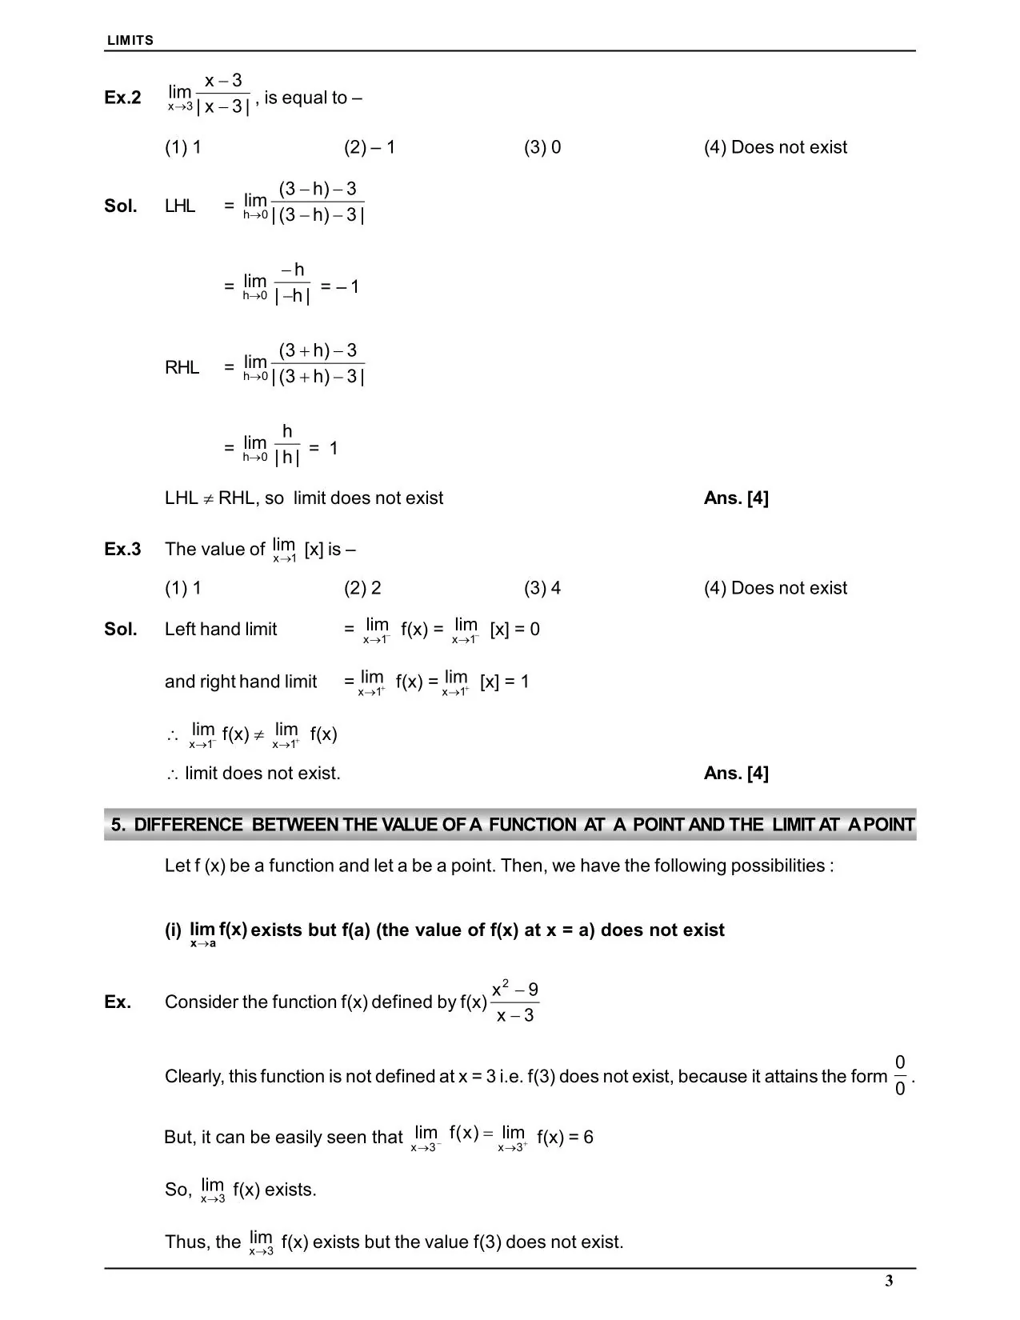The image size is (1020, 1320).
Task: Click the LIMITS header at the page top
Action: (x=130, y=40)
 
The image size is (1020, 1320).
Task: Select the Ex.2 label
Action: (x=122, y=98)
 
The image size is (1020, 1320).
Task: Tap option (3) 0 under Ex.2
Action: (x=542, y=147)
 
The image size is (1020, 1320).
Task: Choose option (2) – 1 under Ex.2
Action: (x=370, y=147)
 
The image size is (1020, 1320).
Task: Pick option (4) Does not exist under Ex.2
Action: (x=775, y=147)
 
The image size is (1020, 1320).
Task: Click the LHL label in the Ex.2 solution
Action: (x=180, y=206)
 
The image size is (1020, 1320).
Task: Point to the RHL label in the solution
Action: (x=182, y=367)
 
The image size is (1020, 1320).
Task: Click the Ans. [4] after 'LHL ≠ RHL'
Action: (x=736, y=498)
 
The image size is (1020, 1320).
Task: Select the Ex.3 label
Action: (x=122, y=549)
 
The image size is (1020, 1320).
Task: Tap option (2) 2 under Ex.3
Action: (x=362, y=588)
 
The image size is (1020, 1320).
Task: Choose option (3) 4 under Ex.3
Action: (x=542, y=588)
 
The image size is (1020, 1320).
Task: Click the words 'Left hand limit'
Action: (x=221, y=629)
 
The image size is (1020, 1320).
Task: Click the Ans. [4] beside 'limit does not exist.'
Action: (x=736, y=773)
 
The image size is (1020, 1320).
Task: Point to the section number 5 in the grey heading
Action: (x=118, y=825)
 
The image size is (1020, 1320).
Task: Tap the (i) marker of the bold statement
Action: (x=173, y=930)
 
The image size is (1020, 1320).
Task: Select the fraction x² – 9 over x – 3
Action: (x=514, y=1002)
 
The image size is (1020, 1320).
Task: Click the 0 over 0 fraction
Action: (x=900, y=1076)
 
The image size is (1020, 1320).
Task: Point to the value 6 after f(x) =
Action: (x=588, y=1137)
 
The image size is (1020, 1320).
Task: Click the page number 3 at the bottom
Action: (x=889, y=1281)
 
